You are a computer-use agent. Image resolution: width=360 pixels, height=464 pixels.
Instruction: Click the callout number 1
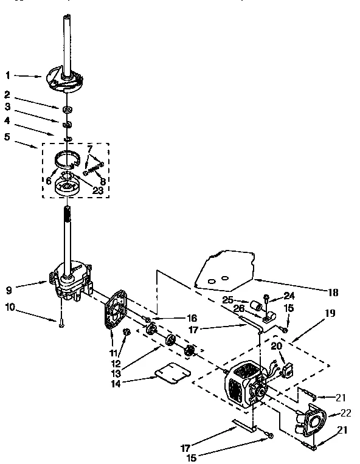point(8,75)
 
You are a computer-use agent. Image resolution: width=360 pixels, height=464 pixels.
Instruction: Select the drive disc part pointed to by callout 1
point(63,78)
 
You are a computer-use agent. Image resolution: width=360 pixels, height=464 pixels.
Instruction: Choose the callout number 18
point(333,292)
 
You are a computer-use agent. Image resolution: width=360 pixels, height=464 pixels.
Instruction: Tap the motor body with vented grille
point(243,386)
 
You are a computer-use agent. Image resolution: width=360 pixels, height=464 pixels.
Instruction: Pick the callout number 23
point(97,190)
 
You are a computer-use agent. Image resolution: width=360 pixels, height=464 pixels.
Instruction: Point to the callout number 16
point(192,318)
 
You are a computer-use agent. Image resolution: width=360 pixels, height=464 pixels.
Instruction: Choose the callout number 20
point(277,345)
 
